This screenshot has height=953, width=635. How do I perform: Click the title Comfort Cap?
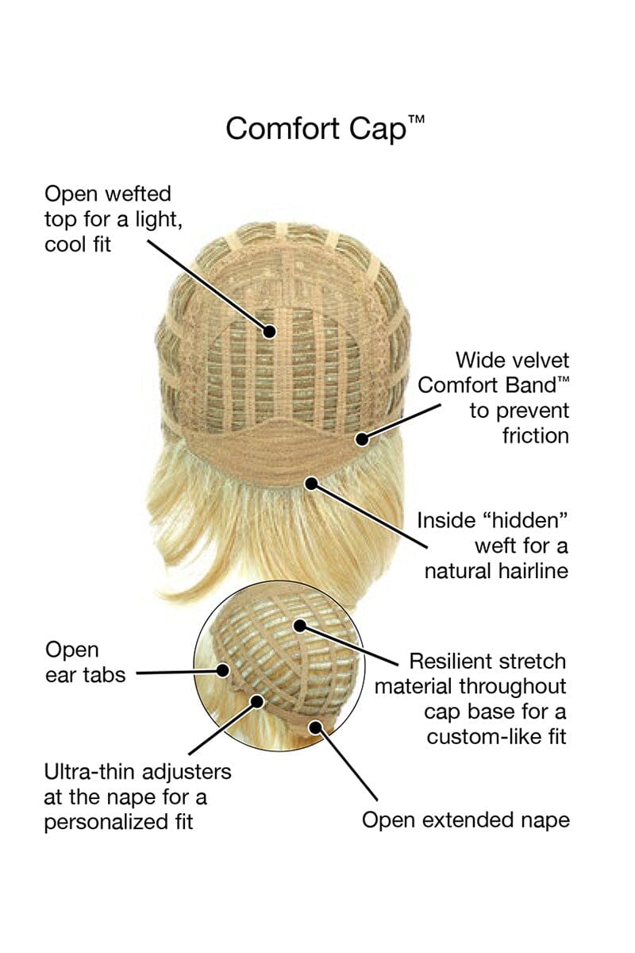point(315,128)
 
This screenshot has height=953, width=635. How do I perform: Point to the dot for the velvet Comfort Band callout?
point(363,437)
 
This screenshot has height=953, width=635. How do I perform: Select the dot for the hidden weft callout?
point(311,481)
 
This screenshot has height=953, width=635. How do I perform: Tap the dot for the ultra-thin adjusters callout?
point(257,700)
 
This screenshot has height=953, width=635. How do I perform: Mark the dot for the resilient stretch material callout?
point(301,625)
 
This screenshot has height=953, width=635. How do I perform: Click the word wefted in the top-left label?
point(136,194)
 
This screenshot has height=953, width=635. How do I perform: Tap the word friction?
point(536,435)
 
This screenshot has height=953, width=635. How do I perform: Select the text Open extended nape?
point(465,820)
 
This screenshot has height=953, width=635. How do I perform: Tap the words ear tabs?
point(85,676)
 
